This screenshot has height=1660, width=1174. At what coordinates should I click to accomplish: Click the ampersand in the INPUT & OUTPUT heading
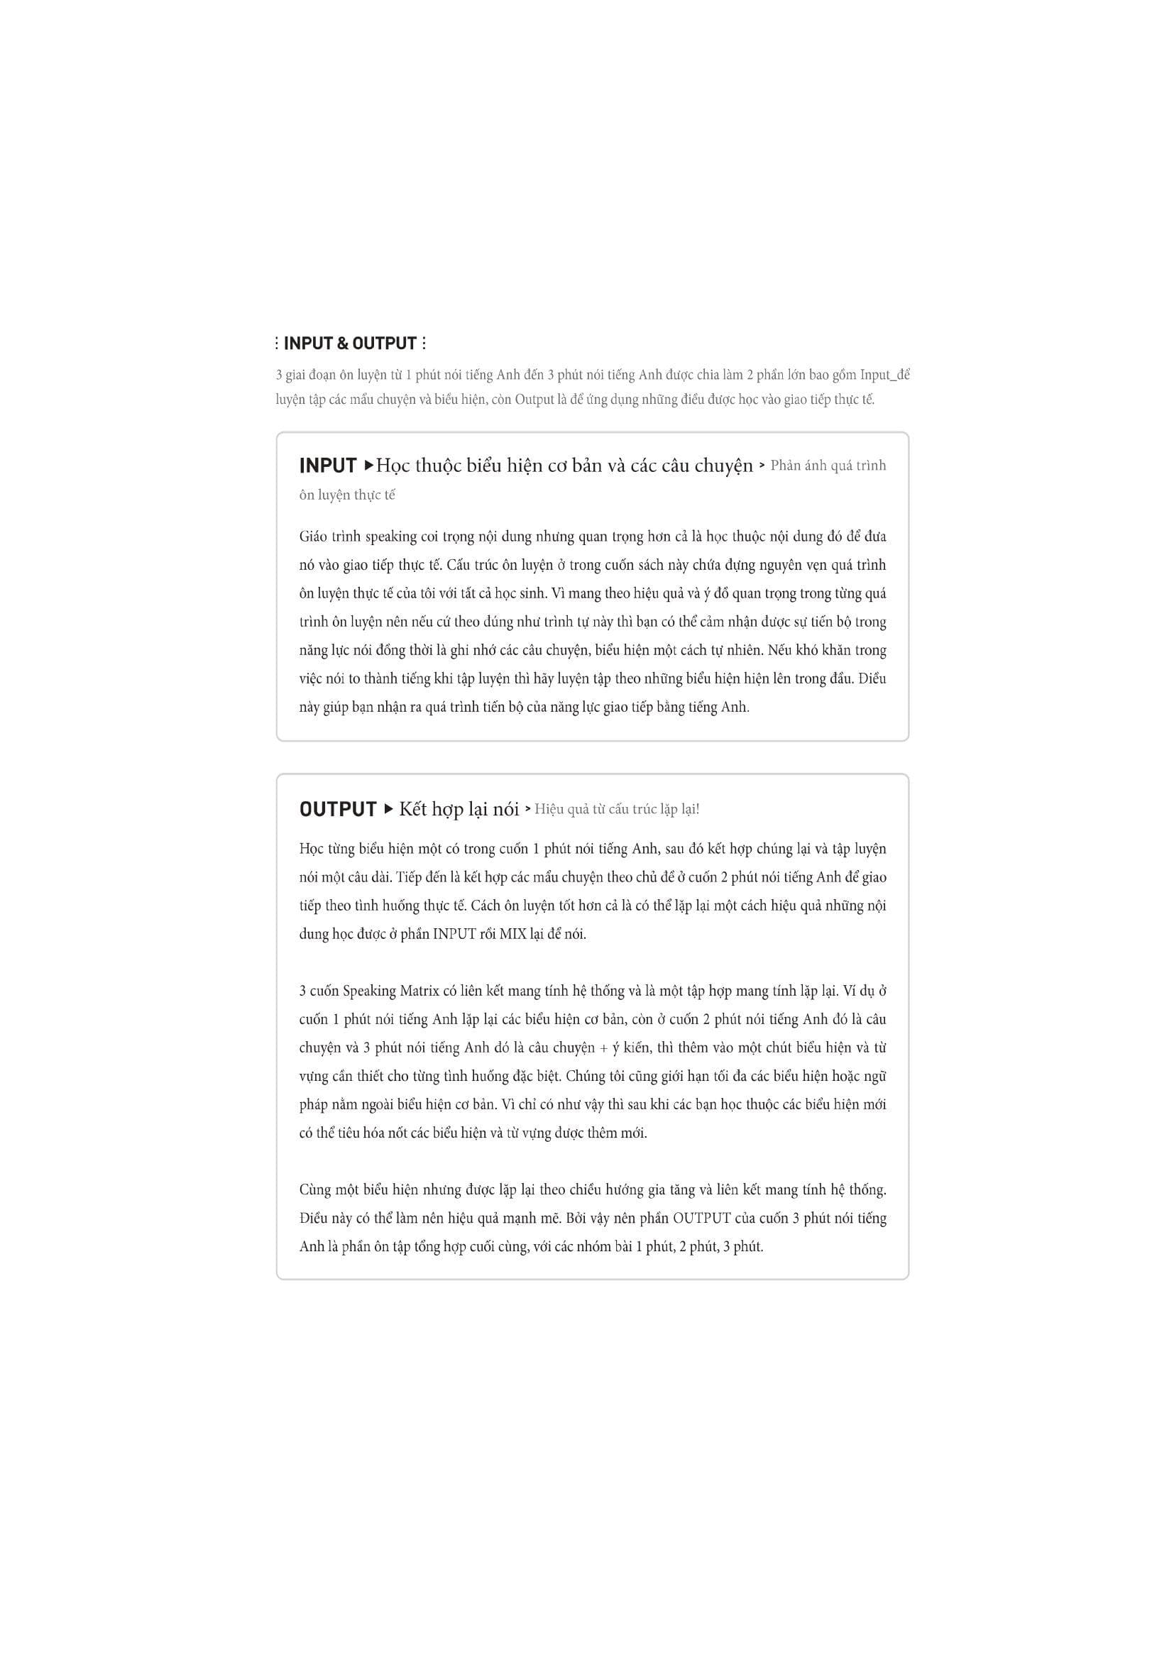click(343, 343)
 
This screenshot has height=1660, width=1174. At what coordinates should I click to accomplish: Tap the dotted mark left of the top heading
click(277, 343)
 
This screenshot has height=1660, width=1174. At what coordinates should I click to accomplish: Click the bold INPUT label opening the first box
click(327, 466)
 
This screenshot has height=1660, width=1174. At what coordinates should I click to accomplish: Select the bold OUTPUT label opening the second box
click(338, 809)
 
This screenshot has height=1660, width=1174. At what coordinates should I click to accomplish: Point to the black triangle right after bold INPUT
click(368, 465)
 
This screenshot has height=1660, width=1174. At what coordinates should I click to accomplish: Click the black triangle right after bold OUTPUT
click(388, 808)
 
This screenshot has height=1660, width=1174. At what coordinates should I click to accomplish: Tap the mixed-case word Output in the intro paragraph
click(534, 399)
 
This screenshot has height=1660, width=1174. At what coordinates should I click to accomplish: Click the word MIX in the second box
click(513, 934)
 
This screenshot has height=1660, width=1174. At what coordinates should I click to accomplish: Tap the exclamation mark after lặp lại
click(698, 809)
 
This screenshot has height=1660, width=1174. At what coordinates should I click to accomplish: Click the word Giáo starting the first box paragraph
click(314, 537)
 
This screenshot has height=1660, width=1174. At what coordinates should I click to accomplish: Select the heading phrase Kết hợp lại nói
click(459, 809)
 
